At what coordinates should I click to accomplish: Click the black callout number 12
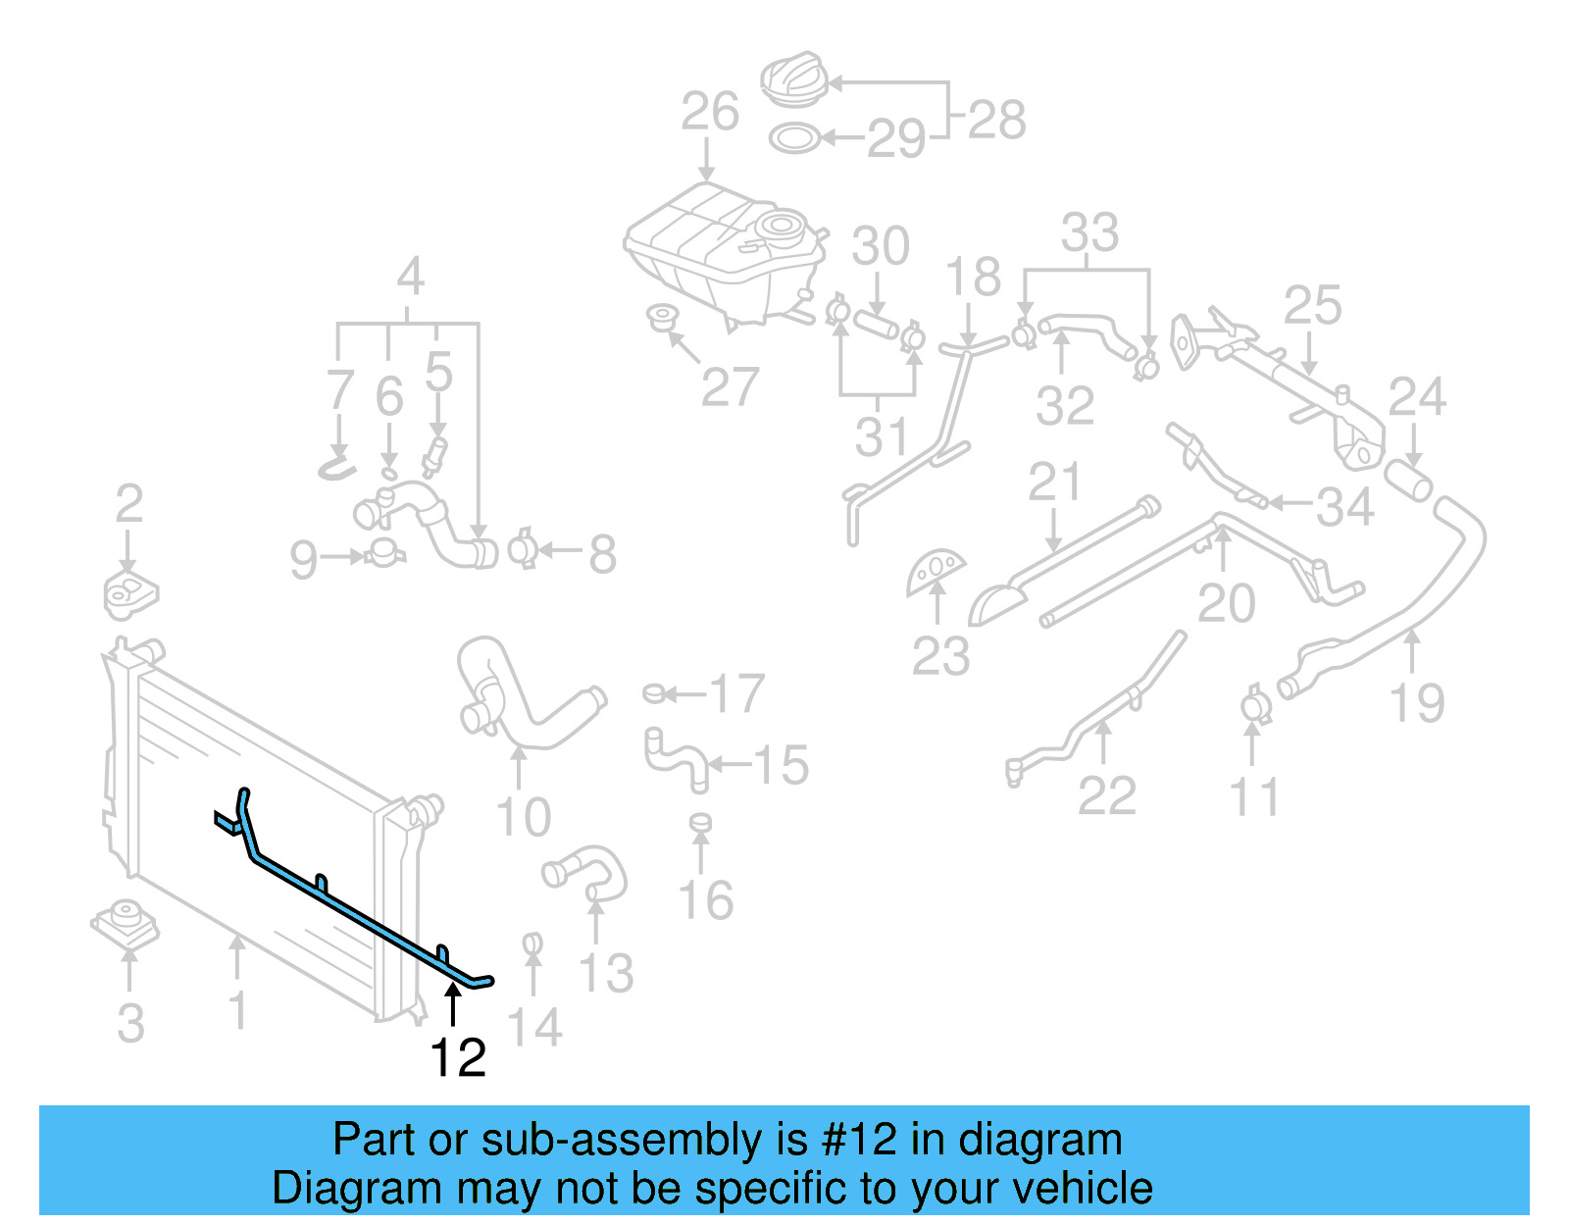tap(458, 1058)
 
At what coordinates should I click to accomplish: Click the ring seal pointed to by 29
tap(793, 138)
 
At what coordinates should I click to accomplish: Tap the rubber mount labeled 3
tap(126, 922)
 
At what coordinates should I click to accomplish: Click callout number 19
tap(1417, 703)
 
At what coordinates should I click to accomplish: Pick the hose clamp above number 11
tap(1253, 706)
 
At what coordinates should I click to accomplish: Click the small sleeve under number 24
tap(1408, 481)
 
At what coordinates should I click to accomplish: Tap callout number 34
tap(1344, 507)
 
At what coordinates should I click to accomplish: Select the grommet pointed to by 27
tap(663, 318)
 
